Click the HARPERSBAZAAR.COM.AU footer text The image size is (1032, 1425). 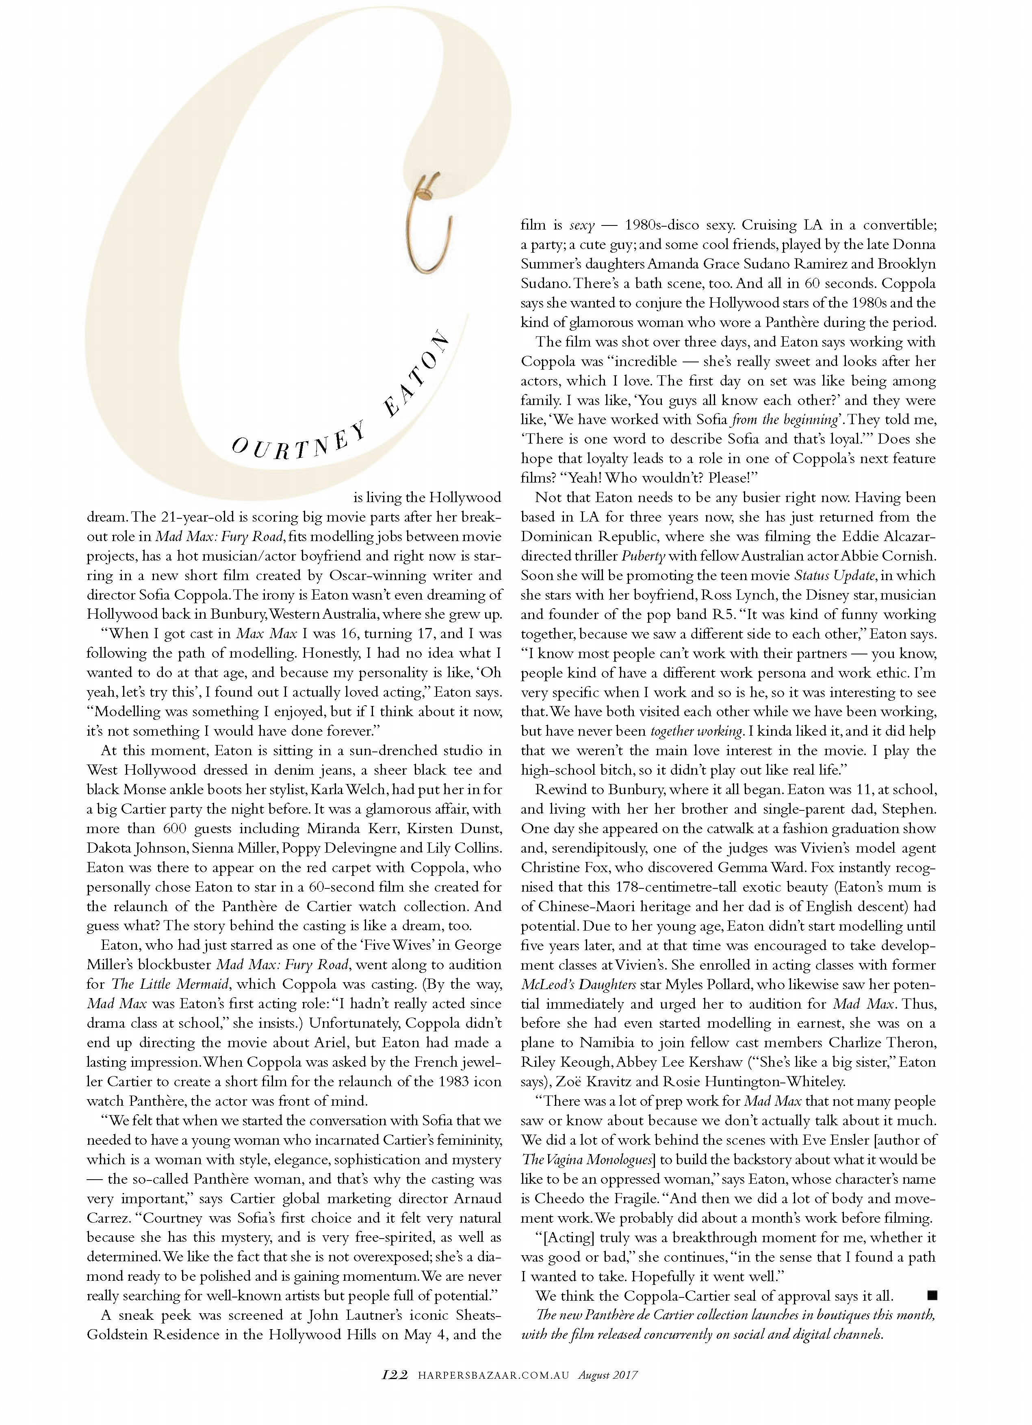click(493, 1375)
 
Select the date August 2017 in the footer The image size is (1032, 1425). click(608, 1375)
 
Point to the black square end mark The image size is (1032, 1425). click(932, 1295)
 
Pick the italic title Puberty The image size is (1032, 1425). click(643, 556)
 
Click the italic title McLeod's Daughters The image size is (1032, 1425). click(578, 985)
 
